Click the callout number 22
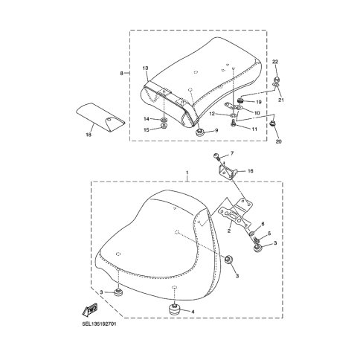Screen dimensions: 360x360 275,62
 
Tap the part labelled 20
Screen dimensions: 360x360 273,123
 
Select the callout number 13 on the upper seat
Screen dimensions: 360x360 145,68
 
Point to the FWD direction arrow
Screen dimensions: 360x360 90,309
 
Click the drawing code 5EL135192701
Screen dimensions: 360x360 99,324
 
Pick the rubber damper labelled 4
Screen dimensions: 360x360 174,309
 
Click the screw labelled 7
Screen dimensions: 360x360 216,156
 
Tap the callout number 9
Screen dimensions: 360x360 216,130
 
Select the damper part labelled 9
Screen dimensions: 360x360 199,132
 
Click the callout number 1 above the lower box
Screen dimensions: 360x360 187,172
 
